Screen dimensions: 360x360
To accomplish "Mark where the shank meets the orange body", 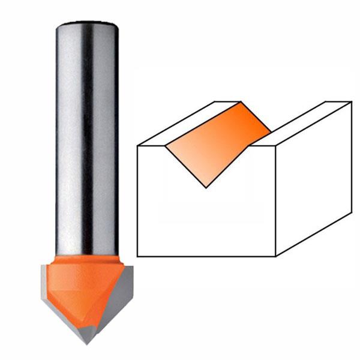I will click(86, 256).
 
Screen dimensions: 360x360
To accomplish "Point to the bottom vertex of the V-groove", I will click(206, 188).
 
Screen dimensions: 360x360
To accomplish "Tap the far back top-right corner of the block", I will click(352, 102).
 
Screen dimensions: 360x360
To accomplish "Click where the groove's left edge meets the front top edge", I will click(165, 145).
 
